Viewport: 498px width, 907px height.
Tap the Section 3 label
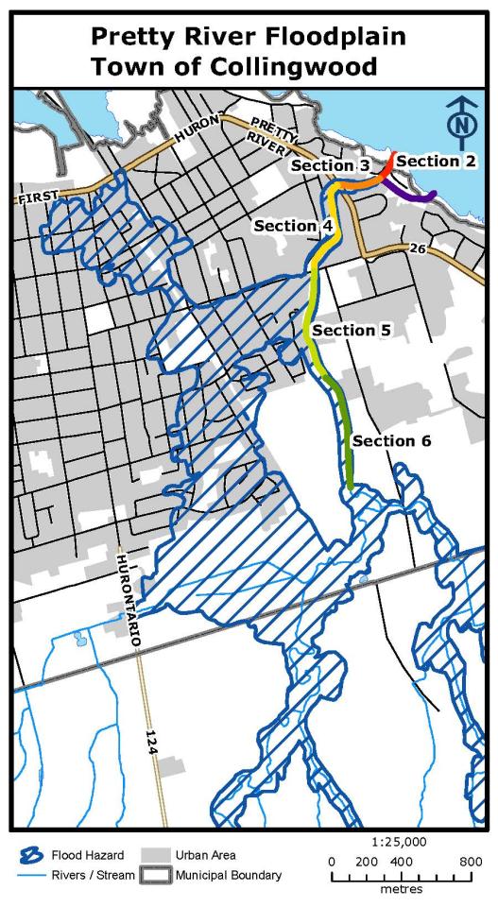point(330,166)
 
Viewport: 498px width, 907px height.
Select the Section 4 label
point(293,226)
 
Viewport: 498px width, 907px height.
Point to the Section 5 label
point(352,330)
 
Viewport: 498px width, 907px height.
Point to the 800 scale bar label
point(471,862)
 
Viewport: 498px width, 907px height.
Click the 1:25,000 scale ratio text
point(400,841)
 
